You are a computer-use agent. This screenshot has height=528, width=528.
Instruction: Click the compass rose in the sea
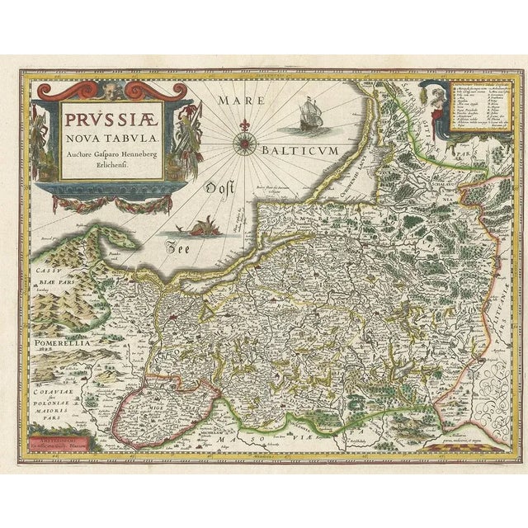pos(245,146)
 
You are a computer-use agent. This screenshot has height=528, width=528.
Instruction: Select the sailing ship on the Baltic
pos(306,115)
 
